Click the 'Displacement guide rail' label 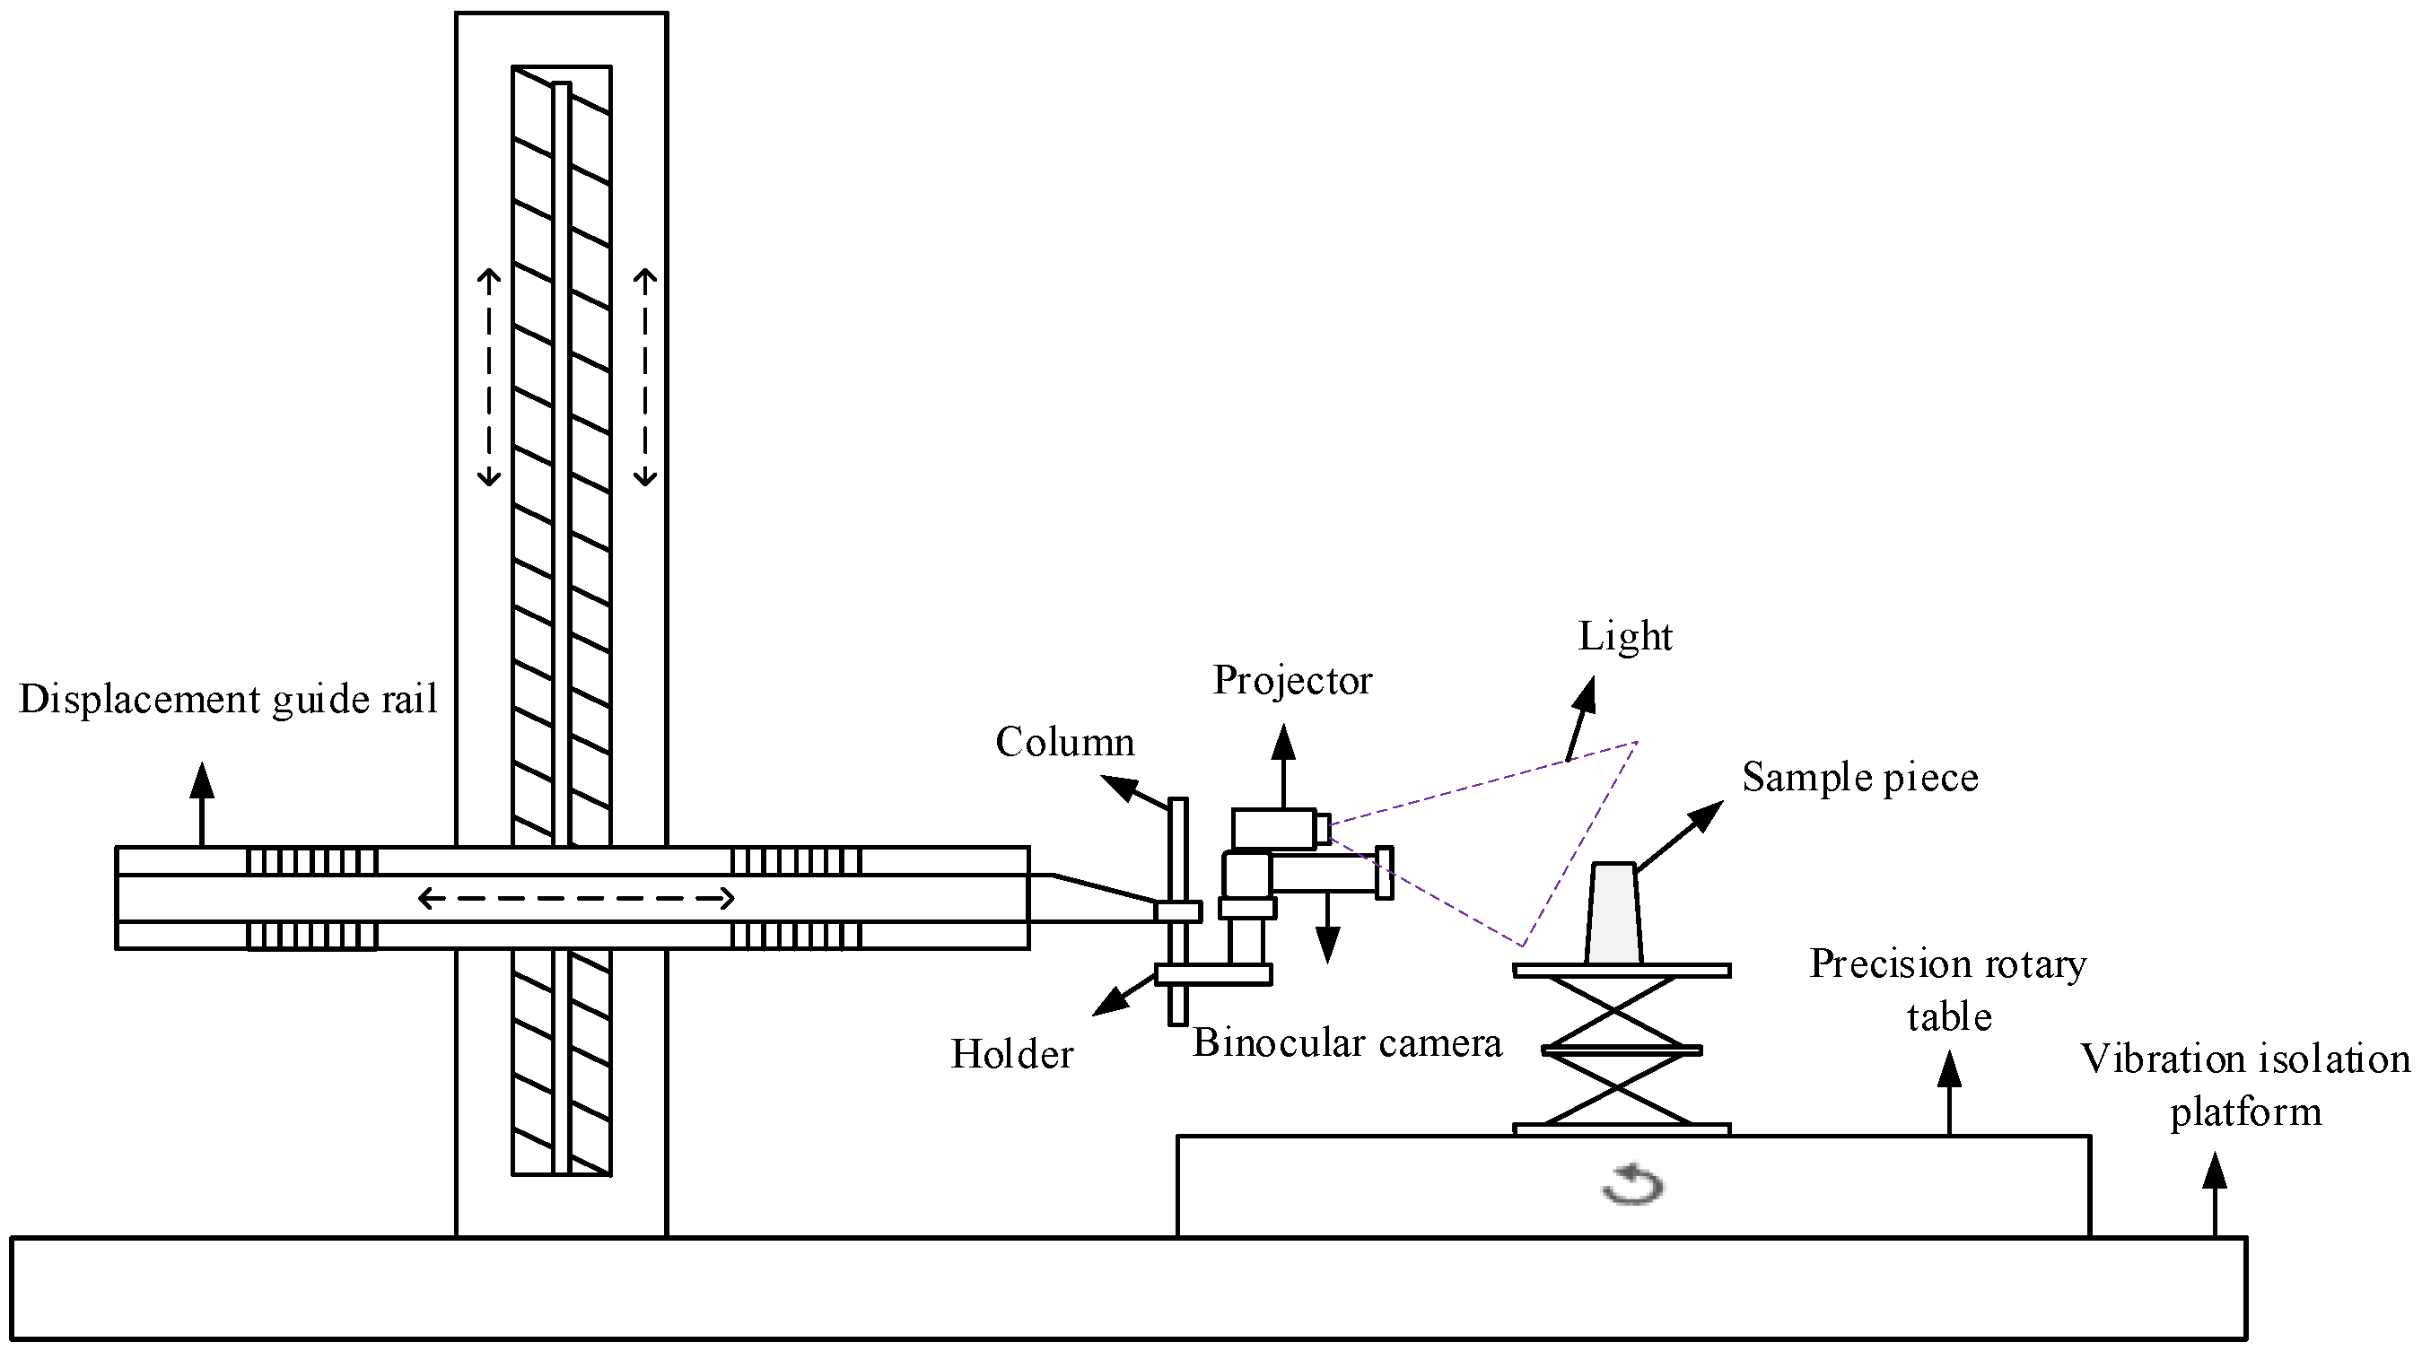pyautogui.click(x=228, y=700)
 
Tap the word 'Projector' pyautogui.click(x=1292, y=680)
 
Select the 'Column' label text pyautogui.click(x=1064, y=742)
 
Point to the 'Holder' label pyautogui.click(x=1011, y=1054)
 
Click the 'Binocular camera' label pyautogui.click(x=1346, y=1042)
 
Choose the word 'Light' pyautogui.click(x=1625, y=637)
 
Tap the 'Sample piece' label pyautogui.click(x=1858, y=778)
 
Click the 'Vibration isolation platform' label pyautogui.click(x=2244, y=1085)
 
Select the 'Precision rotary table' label pyautogui.click(x=1947, y=990)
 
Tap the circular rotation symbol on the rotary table pyautogui.click(x=1632, y=1185)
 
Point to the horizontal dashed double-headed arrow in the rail pyautogui.click(x=575, y=899)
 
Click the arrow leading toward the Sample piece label pyautogui.click(x=1682, y=834)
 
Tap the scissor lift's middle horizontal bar pyautogui.click(x=1622, y=1050)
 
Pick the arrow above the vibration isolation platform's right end pyautogui.click(x=2214, y=1192)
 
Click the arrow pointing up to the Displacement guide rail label pyautogui.click(x=201, y=802)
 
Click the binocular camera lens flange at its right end pyautogui.click(x=1384, y=873)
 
